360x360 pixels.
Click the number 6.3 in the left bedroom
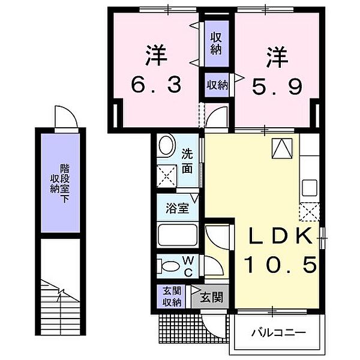pyautogui.click(x=156, y=85)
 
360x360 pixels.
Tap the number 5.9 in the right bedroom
pyautogui.click(x=277, y=86)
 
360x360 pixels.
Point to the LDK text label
pyautogui.click(x=281, y=236)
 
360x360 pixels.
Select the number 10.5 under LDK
pyautogui.click(x=281, y=265)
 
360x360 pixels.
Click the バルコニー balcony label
pyautogui.click(x=279, y=332)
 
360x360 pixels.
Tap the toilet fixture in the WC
pyautogui.click(x=168, y=266)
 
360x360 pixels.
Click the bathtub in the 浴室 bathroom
pyautogui.click(x=178, y=235)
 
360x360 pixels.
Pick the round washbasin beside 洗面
pyautogui.click(x=166, y=146)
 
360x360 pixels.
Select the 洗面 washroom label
pyautogui.click(x=187, y=161)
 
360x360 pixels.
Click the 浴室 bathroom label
pyautogui.click(x=177, y=208)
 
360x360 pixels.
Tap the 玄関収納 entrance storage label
pyautogui.click(x=172, y=296)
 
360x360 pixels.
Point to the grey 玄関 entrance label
pyautogui.click(x=211, y=298)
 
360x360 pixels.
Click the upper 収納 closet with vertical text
pyautogui.click(x=216, y=43)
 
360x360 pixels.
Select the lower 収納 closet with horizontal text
pyautogui.click(x=217, y=85)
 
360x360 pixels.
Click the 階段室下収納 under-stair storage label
pyautogui.click(x=61, y=183)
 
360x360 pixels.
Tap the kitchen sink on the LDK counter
pyautogui.click(x=309, y=188)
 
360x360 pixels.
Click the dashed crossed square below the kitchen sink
pyautogui.click(x=310, y=212)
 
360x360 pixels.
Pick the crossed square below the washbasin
pyautogui.click(x=167, y=176)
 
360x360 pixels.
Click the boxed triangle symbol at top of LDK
pyautogui.click(x=282, y=148)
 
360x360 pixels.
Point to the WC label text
pyautogui.click(x=188, y=266)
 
